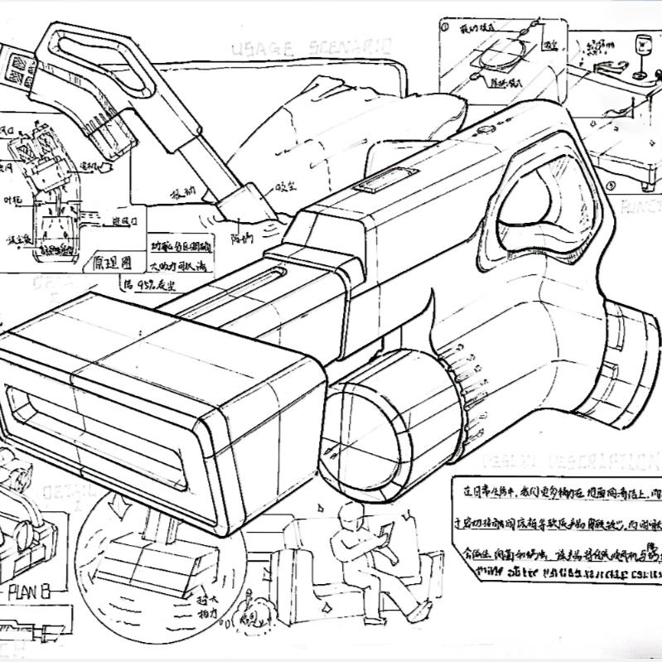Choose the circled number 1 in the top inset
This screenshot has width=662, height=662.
[445, 27]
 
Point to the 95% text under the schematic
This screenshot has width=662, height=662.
[146, 284]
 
